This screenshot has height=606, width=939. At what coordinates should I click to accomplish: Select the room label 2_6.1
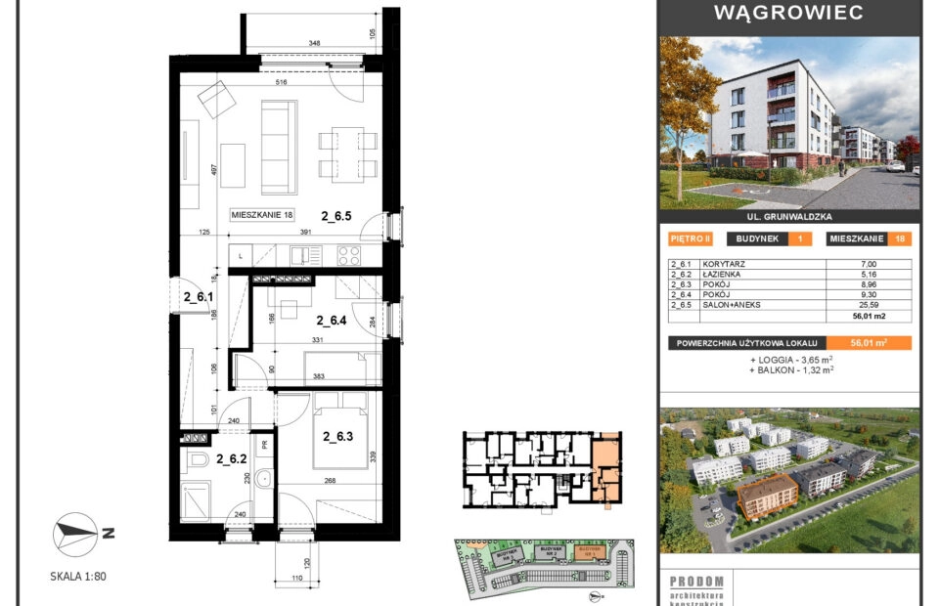point(200,292)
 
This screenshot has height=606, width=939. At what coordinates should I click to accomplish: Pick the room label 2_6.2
point(231,457)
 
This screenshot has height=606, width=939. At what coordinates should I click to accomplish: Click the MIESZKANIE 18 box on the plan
point(263,215)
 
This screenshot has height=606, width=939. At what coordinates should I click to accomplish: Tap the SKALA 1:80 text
point(77,576)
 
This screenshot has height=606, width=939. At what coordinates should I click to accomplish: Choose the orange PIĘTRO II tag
point(690,238)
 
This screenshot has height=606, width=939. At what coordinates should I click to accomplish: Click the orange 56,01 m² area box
point(869,343)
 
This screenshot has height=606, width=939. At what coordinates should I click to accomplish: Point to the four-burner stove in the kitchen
point(350,256)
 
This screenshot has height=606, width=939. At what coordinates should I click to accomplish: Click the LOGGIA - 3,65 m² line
point(792,360)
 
